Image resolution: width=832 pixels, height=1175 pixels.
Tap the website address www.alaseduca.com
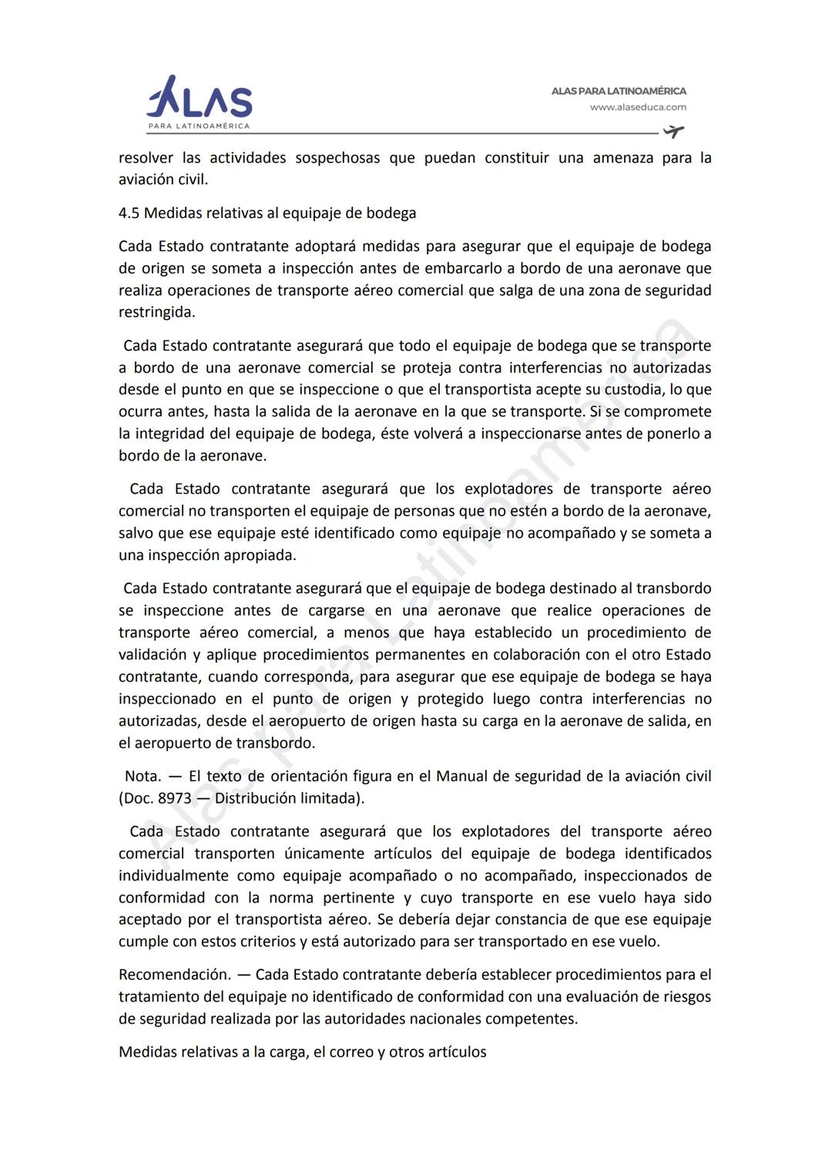coord(638,108)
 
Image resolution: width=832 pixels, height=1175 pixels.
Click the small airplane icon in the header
coord(673,132)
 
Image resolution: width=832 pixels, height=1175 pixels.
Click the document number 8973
coord(175,799)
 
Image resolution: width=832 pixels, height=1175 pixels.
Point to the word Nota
coord(143,777)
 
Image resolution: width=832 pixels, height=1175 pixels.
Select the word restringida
coord(156,313)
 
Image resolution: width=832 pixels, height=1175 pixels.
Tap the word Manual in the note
coord(461,777)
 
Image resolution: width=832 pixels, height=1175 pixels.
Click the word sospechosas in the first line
coord(337,158)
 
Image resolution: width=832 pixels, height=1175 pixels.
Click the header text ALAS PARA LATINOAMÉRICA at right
coord(619,91)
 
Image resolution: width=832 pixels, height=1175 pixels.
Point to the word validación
coord(153,655)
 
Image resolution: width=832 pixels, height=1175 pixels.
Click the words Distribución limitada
coord(287,799)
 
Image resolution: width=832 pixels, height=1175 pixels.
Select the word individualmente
coord(173,876)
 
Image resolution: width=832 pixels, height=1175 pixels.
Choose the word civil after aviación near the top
coord(193,180)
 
